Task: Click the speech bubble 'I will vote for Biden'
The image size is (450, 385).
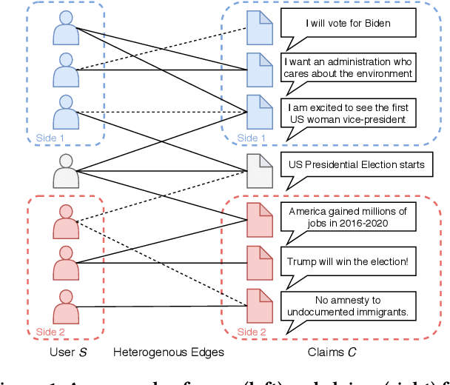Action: (348, 23)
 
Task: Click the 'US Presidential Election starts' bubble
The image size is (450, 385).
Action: (357, 164)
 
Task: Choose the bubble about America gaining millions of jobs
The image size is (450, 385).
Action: (348, 217)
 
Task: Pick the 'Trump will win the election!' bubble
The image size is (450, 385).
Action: (349, 261)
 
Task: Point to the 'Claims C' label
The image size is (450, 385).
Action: (330, 352)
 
